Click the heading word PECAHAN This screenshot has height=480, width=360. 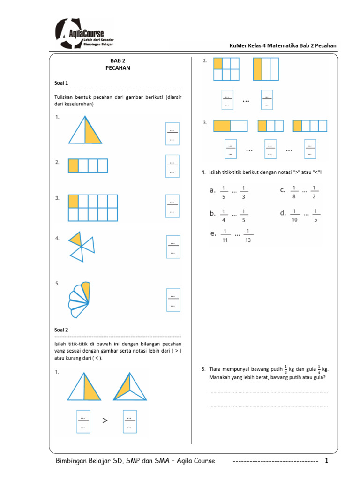point(118,68)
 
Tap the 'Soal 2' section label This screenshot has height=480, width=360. point(61,330)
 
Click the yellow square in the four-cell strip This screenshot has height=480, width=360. point(73,165)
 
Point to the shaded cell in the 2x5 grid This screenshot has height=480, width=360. point(73,201)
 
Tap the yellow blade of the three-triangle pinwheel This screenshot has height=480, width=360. point(75,240)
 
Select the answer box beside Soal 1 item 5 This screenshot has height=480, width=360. point(173,300)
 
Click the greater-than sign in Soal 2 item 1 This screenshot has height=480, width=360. point(105,421)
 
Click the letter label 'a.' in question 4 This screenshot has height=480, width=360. point(212,190)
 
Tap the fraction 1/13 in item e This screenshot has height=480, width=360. point(248,235)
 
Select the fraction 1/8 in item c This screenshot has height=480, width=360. point(294,191)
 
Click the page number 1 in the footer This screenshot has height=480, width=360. point(327,461)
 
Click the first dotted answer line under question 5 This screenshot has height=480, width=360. point(268,392)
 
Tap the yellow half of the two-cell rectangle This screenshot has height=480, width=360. point(222,126)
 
